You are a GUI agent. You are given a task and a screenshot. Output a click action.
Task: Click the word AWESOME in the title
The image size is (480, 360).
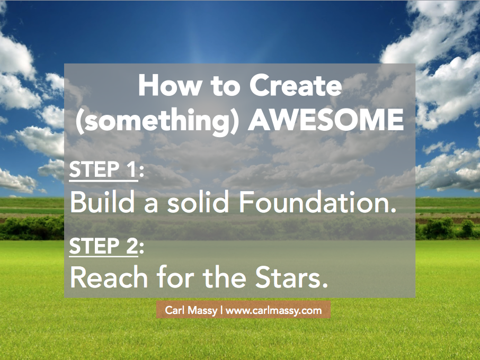(326, 120)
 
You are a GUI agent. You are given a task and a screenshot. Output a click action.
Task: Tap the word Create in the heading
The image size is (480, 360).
(296, 86)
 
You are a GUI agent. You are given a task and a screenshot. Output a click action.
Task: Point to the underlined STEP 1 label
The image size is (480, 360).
(103, 170)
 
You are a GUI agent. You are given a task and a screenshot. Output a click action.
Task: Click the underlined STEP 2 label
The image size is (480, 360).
(103, 246)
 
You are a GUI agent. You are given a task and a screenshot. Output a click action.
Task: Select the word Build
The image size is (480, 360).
(102, 202)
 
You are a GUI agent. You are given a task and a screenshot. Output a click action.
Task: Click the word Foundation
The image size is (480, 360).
(314, 202)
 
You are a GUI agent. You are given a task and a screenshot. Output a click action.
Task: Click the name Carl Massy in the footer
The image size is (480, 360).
(191, 310)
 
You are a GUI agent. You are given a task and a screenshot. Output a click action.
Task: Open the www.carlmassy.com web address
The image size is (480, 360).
(274, 311)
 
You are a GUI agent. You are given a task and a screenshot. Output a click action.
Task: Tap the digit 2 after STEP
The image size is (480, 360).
(132, 246)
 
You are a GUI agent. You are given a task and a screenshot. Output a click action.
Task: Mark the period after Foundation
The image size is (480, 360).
(393, 210)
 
